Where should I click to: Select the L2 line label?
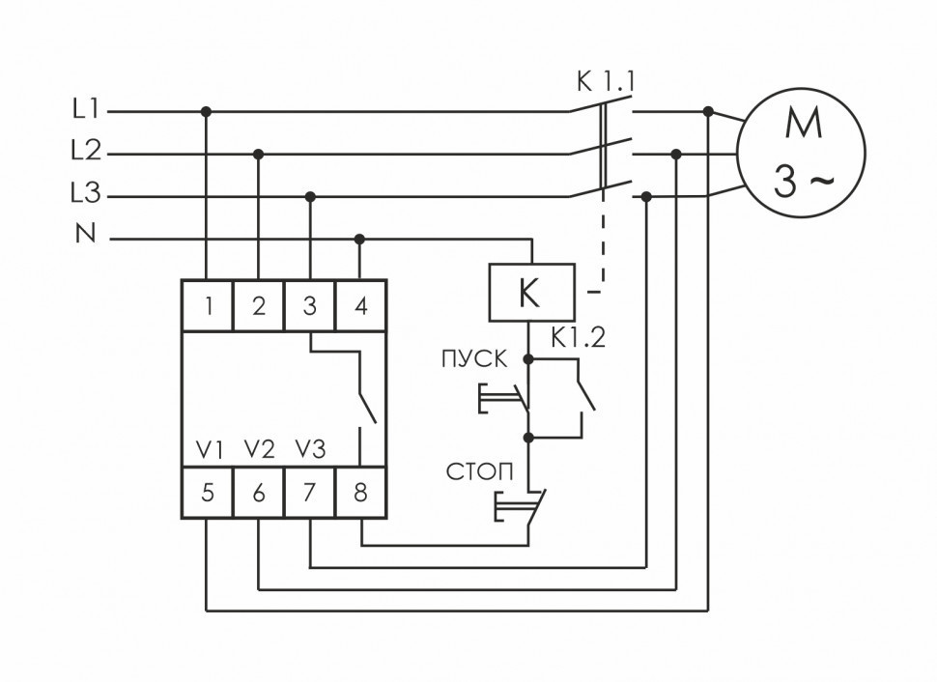85,152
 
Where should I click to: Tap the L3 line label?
85,195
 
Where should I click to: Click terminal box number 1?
208,306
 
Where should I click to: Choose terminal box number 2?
258,306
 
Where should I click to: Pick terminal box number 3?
309,306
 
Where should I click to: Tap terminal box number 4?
360,306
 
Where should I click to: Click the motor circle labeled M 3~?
801,153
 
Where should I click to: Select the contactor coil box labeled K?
532,292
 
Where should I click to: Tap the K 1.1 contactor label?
605,83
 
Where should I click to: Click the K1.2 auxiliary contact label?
577,338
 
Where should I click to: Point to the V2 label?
259,449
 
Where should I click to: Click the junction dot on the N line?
359,238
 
